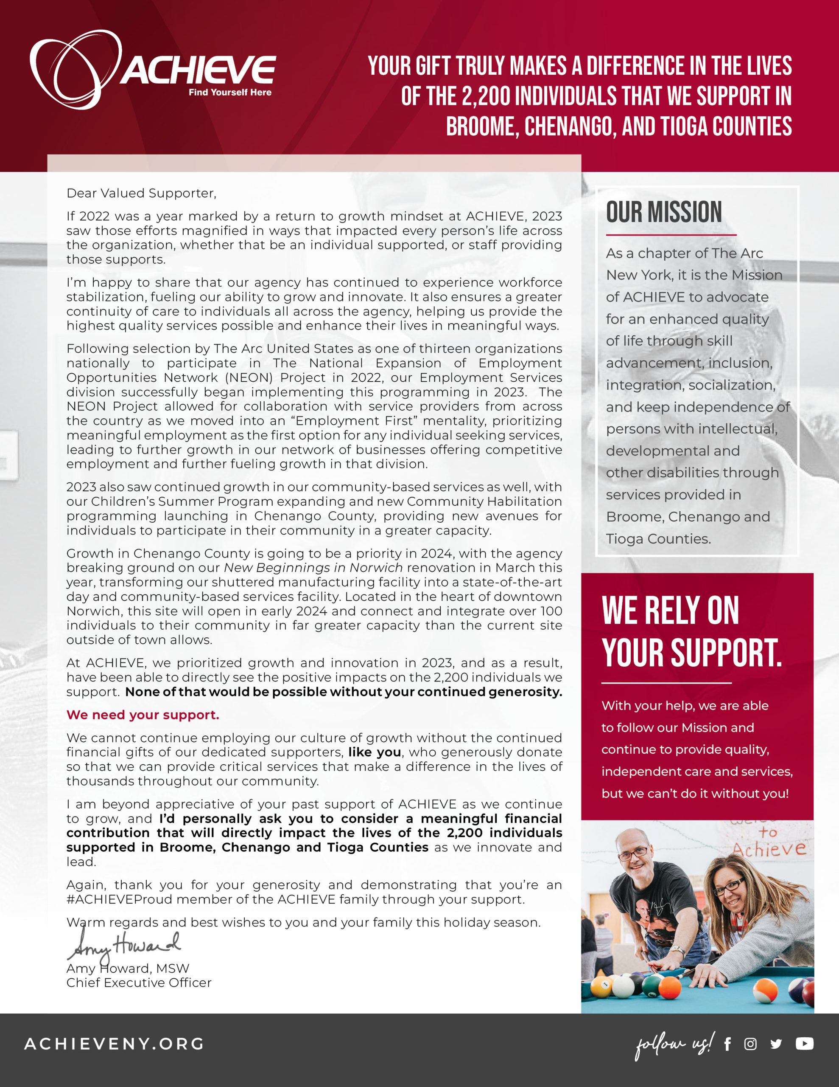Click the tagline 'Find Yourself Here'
click(x=230, y=92)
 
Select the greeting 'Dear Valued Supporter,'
click(x=141, y=193)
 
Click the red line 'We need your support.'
click(x=143, y=715)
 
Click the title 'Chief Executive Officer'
click(x=139, y=983)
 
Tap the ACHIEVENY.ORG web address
click(x=114, y=1044)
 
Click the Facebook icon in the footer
click(x=727, y=1044)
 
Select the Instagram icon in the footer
click(x=750, y=1044)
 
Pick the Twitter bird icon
click(x=776, y=1044)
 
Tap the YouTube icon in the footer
click(x=804, y=1043)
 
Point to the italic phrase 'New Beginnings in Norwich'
click(x=313, y=567)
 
